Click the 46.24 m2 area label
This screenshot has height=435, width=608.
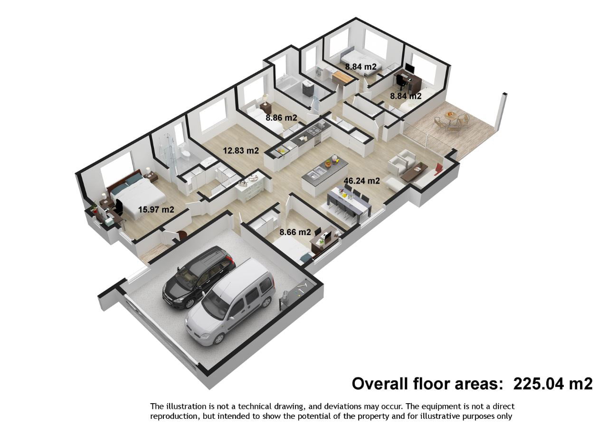pos(361,181)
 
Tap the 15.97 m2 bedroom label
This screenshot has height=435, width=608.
pos(156,209)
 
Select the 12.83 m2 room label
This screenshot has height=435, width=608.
pos(241,151)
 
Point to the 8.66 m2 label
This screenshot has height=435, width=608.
pos(295,232)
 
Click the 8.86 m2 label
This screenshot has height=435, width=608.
pos(281,118)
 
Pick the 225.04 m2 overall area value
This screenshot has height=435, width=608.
pos(553,384)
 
